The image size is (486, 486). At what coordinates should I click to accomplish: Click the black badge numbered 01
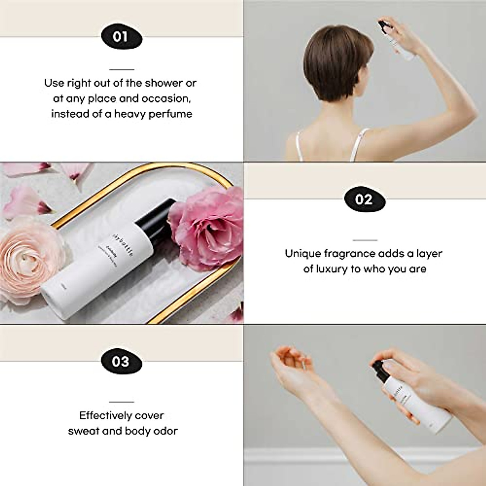point(120,36)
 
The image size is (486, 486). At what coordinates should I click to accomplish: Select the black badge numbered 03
point(120,360)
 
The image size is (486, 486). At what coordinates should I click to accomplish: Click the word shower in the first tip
point(163,83)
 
